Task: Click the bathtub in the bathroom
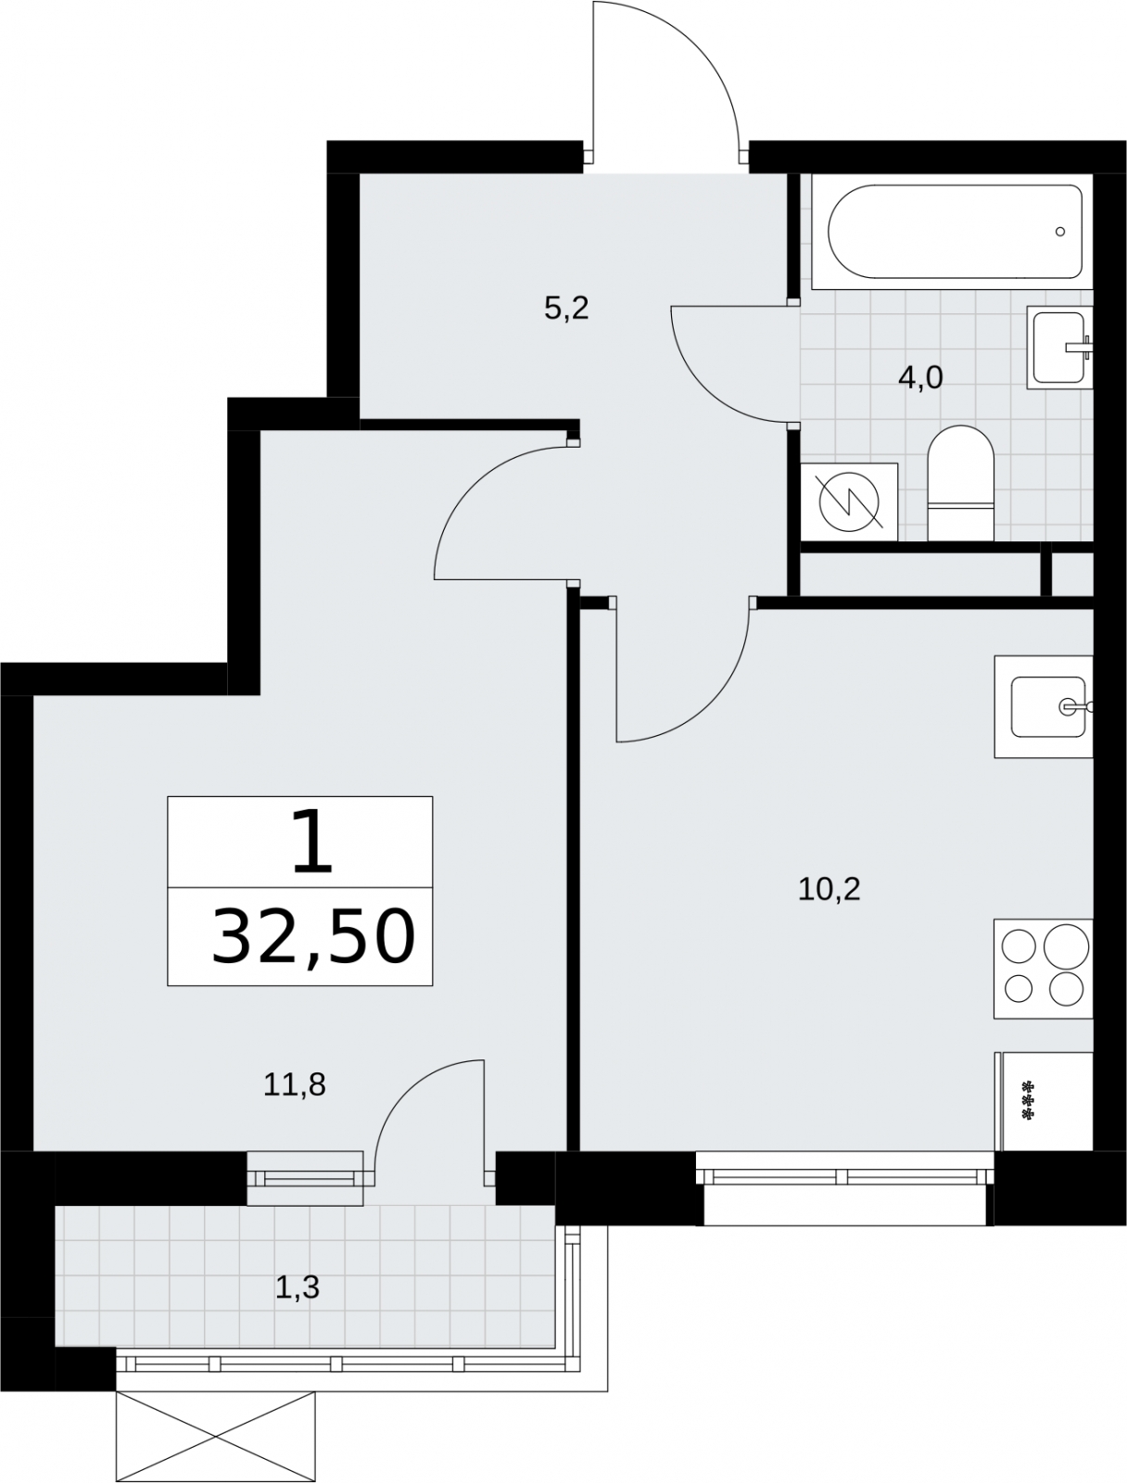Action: pos(952,232)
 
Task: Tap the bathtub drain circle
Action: pos(1060,232)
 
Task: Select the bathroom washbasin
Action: pos(1059,348)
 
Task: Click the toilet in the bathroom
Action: pos(961,482)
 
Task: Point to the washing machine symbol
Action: pos(849,502)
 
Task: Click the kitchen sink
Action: pos(1044,706)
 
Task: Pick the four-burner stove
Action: pos(1044,969)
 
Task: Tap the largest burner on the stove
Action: pos(1066,946)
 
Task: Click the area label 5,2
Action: pos(566,309)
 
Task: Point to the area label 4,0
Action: pos(920,377)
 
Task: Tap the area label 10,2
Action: pos(829,890)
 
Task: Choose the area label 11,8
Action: pos(295,1085)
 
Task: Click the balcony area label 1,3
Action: pos(298,1287)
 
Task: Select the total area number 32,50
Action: pos(313,937)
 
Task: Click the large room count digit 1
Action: pos(312,842)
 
